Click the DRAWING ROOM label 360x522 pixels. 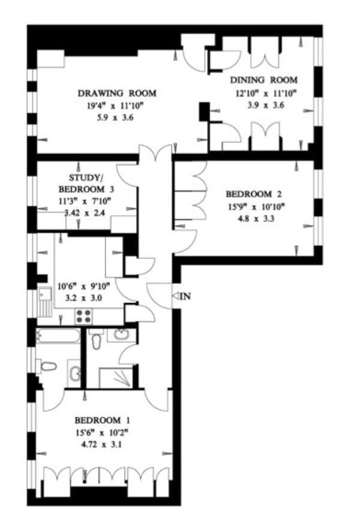(117, 93)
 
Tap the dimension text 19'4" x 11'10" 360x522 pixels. (117, 106)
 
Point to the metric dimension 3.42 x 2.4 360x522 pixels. (89, 212)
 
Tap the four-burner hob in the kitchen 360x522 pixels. (83, 316)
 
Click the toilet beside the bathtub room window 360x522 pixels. (48, 365)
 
